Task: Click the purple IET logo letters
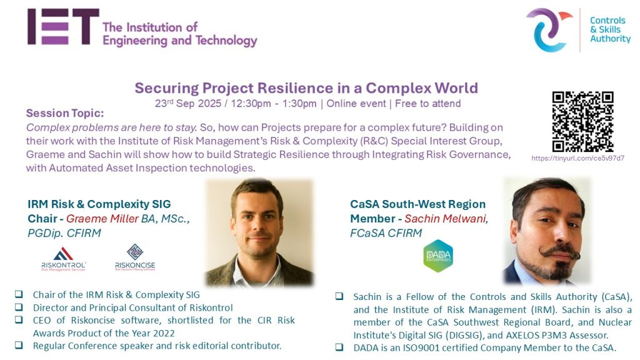click(x=63, y=26)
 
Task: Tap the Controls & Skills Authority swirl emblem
click(x=549, y=30)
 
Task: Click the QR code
click(x=583, y=122)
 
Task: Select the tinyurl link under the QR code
click(x=577, y=158)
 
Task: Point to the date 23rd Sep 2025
click(x=187, y=103)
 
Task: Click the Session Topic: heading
click(x=65, y=113)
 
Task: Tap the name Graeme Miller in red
click(x=102, y=219)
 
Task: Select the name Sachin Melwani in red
click(x=446, y=219)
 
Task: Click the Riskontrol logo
click(x=64, y=259)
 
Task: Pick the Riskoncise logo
click(x=135, y=257)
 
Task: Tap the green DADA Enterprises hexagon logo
click(x=438, y=256)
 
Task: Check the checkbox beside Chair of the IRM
click(x=19, y=294)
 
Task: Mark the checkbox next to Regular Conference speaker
click(x=19, y=345)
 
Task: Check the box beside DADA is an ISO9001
click(x=339, y=347)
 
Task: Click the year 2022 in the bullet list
click(x=164, y=334)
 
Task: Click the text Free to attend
click(x=427, y=104)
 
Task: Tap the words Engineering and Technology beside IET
click(x=180, y=41)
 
